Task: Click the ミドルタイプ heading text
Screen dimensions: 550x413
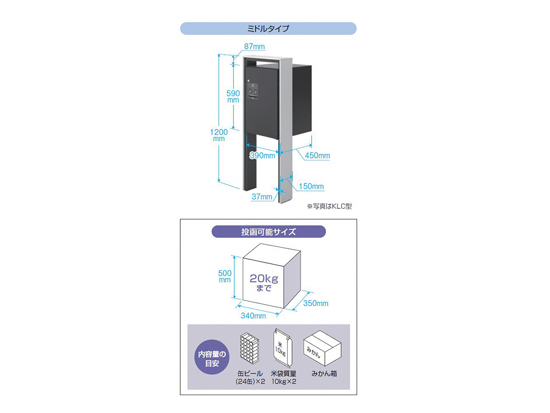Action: pos(268,28)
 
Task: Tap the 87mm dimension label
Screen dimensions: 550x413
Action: pos(254,46)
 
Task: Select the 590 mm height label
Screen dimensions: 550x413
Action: pos(233,96)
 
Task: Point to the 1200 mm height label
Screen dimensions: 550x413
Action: pos(219,135)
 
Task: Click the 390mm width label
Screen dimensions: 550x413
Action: pos(263,156)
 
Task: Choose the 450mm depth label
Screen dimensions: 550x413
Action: pos(317,156)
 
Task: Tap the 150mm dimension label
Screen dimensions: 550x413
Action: pos(311,186)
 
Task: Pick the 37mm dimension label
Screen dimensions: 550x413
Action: pos(262,196)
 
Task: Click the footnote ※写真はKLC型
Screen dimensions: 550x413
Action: pos(329,206)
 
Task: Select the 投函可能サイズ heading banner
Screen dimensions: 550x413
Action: pos(269,232)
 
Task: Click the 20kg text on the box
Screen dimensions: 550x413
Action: pos(264,279)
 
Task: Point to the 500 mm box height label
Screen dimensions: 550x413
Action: pos(225,276)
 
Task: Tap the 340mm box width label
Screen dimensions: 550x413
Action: pos(253,316)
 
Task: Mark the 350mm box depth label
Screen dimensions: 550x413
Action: pos(316,303)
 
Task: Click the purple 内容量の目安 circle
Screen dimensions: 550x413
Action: pos(212,357)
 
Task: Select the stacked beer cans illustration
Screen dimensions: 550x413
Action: pos(249,348)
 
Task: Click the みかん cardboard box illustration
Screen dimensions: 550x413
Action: pos(322,348)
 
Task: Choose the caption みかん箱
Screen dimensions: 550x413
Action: pos(324,374)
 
